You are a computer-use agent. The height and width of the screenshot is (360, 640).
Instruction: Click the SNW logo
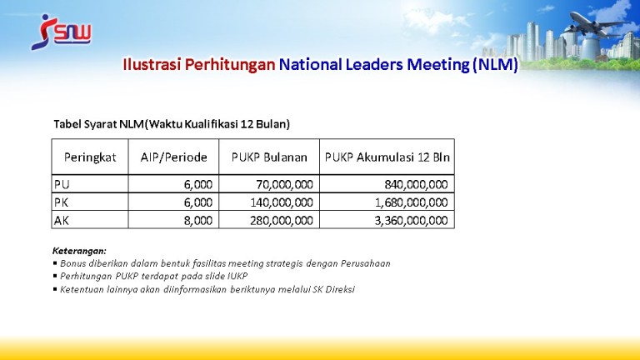(x=61, y=32)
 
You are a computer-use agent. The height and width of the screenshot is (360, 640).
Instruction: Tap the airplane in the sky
(x=597, y=24)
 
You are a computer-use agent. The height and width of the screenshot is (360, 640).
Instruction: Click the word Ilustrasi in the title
(x=152, y=64)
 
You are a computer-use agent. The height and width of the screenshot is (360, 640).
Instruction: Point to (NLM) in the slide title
(x=496, y=65)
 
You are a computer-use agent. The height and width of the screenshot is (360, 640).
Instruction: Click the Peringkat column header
(x=90, y=157)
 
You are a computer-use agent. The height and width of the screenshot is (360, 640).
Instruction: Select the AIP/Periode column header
(x=173, y=157)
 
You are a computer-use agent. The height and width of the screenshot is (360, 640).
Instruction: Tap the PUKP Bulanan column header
(x=269, y=157)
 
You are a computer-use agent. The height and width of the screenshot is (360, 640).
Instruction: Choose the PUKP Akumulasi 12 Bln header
(x=387, y=157)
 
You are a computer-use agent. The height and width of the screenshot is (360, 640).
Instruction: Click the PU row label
(x=62, y=184)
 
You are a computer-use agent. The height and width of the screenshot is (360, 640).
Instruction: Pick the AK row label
(x=61, y=220)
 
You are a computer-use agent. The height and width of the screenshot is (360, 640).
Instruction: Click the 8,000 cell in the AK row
(x=198, y=221)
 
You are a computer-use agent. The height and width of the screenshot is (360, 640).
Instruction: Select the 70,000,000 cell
(x=284, y=185)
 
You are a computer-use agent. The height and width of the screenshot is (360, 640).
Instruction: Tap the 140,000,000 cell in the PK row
(x=282, y=202)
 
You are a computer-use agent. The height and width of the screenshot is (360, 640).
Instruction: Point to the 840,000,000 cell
(x=417, y=185)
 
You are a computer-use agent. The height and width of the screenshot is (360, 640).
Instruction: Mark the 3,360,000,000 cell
(x=412, y=221)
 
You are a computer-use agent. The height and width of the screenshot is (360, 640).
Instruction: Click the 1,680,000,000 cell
(x=412, y=202)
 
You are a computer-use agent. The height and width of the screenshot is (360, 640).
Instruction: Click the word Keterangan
(x=79, y=251)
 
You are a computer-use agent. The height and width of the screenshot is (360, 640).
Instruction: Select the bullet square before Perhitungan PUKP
(x=55, y=276)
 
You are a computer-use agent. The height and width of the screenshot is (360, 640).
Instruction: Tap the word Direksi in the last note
(x=340, y=289)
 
